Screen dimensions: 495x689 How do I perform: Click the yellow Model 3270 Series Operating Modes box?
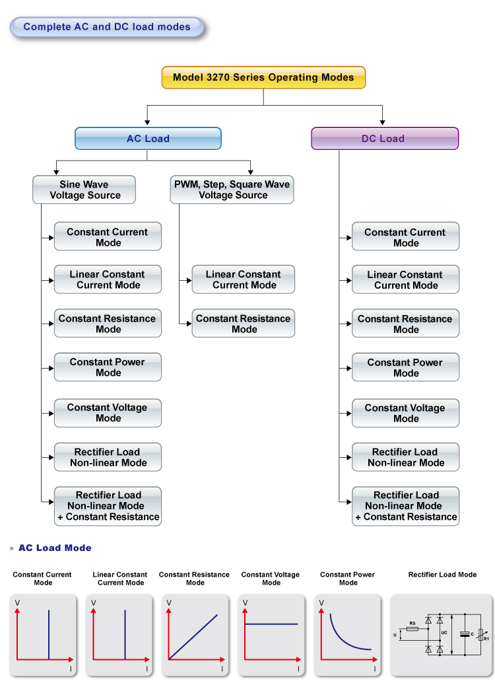(x=263, y=77)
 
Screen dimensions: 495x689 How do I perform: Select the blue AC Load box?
(x=148, y=139)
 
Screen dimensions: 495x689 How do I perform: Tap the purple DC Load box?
(x=384, y=139)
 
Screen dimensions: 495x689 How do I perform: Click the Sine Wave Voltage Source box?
(x=84, y=190)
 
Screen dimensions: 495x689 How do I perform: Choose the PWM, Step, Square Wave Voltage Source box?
(x=232, y=190)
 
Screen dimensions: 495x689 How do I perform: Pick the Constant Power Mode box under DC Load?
(x=405, y=367)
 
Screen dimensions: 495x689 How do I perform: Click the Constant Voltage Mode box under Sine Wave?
(x=108, y=413)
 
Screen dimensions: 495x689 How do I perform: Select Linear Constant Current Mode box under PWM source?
(x=244, y=279)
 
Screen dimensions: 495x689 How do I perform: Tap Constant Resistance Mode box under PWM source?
(x=244, y=324)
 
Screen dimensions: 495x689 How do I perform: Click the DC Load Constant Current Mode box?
(x=405, y=237)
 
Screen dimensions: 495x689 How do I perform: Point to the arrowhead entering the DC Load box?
(x=383, y=123)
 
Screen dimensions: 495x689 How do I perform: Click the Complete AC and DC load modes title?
(x=107, y=27)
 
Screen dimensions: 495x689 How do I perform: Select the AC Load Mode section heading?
(x=55, y=548)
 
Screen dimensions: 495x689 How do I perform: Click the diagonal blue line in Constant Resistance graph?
(x=193, y=637)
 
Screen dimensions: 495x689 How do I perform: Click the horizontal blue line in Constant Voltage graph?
(x=271, y=624)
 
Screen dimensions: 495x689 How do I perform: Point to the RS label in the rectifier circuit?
(x=412, y=623)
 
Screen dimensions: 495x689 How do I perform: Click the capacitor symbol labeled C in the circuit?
(x=465, y=634)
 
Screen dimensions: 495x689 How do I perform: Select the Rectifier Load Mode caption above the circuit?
(x=442, y=574)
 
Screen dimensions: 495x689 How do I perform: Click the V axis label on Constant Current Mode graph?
(x=18, y=602)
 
